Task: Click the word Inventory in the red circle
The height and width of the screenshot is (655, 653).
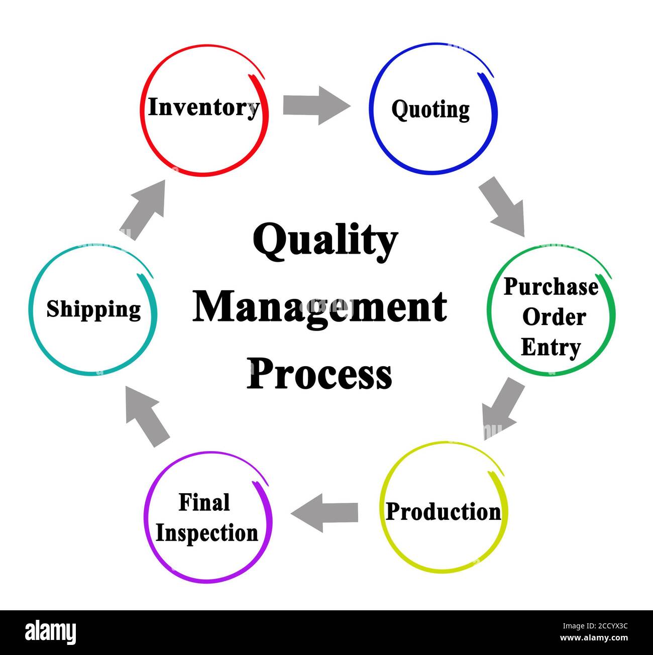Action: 204,107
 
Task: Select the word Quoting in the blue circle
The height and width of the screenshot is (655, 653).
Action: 430,110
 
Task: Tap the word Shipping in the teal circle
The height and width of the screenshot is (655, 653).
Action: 93,309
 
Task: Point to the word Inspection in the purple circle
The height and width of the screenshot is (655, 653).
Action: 206,533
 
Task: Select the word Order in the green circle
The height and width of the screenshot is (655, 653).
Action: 554,317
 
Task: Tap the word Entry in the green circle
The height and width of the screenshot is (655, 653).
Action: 551,348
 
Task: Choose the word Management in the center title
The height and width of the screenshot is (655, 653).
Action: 319,307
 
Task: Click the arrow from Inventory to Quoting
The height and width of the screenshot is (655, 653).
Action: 316,105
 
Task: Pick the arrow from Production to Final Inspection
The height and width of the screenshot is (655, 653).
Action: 324,513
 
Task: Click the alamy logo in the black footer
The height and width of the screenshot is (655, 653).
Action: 51,632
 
